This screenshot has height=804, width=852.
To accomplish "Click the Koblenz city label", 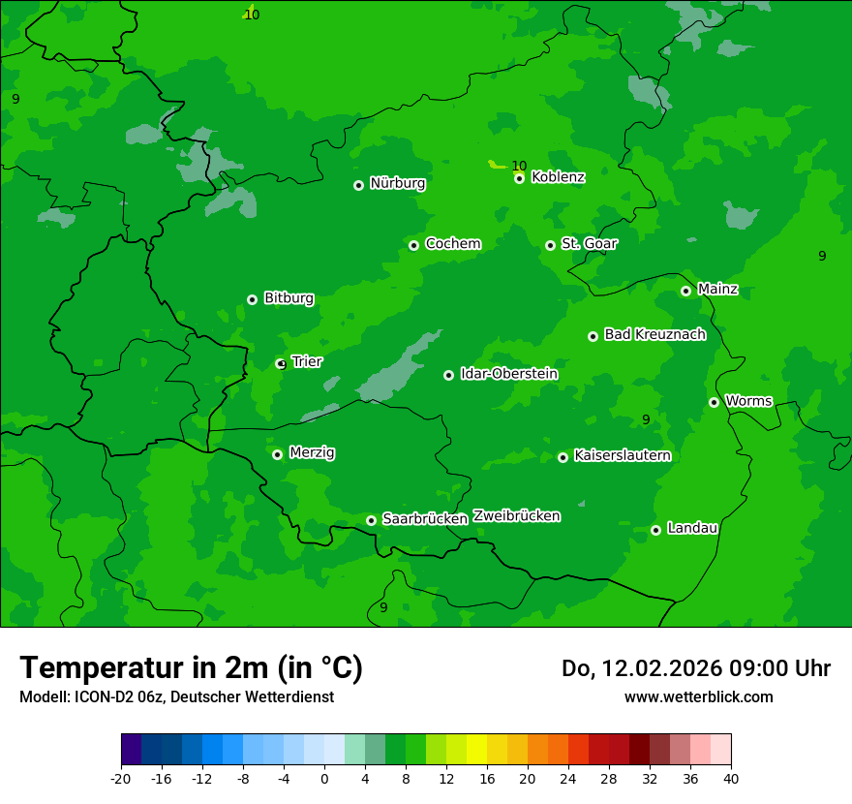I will [558, 177].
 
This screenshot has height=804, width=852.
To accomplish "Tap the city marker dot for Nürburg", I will [358, 185].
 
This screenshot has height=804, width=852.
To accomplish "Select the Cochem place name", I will [452, 244].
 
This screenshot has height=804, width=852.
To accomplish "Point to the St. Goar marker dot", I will [550, 245].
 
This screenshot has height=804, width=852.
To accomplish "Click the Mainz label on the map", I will [717, 290].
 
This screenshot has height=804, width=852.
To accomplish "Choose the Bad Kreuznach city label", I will [654, 335].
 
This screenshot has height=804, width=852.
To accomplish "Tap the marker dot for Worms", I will [714, 402].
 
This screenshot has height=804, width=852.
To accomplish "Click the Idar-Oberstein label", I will [508, 374].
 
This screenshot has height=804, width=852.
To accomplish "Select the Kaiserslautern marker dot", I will [563, 457].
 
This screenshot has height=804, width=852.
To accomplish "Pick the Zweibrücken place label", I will [516, 516].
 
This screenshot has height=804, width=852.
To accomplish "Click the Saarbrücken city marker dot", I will [371, 520].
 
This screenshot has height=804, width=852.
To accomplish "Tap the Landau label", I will [692, 529].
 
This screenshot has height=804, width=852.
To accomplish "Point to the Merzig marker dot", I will [277, 454].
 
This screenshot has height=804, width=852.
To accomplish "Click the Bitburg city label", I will [289, 298].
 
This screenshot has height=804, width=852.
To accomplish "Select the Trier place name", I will [307, 362].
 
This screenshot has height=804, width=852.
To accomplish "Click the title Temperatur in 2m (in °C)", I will [191, 668].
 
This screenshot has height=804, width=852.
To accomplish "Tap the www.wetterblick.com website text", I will [698, 697].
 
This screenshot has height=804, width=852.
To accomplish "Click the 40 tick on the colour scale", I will [731, 779].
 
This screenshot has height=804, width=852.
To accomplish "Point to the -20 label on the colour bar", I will [121, 779].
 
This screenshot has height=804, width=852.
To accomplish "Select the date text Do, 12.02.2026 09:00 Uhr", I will [696, 668].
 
